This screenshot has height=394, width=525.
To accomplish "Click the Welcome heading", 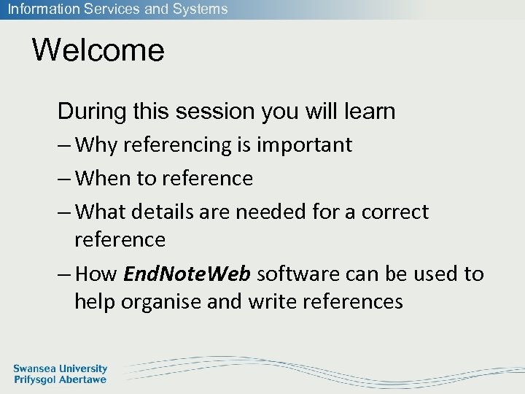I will tap(98, 50).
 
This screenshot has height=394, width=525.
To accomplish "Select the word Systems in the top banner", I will tap(201, 9).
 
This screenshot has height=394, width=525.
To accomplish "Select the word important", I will tap(305, 145).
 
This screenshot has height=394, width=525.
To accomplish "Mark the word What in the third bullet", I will tap(99, 212).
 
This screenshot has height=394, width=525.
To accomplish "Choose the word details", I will tap(161, 212).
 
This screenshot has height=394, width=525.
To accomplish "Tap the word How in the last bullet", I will tap(97, 274).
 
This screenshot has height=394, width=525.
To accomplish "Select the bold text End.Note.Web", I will tap(187, 274).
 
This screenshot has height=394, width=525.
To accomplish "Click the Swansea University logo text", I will tap(60, 369).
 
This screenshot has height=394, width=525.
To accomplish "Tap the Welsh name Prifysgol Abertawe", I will tap(60, 380).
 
